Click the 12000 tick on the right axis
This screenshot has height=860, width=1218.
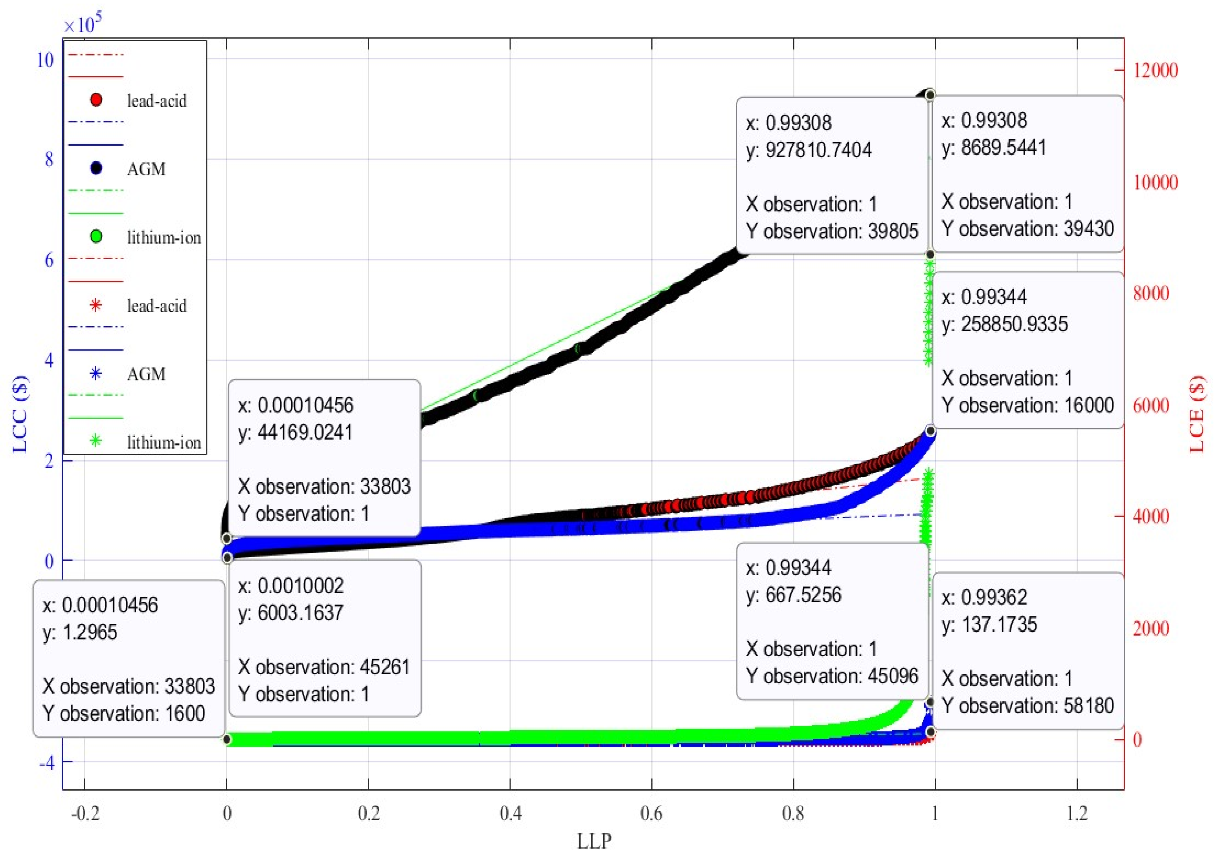click(1155, 70)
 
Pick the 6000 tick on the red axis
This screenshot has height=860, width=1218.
click(1151, 406)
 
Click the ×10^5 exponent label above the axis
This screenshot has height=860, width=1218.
click(82, 24)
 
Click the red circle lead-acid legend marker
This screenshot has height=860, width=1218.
click(96, 100)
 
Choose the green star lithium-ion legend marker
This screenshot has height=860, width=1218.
click(96, 441)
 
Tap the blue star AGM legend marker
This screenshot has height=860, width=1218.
click(96, 373)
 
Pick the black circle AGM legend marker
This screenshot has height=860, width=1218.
click(96, 168)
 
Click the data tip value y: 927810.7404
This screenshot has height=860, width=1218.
click(808, 150)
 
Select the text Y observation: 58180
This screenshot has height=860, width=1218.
click(1028, 705)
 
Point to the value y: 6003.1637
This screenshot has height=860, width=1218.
click(291, 613)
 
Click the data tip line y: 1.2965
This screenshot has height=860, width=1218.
click(79, 632)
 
